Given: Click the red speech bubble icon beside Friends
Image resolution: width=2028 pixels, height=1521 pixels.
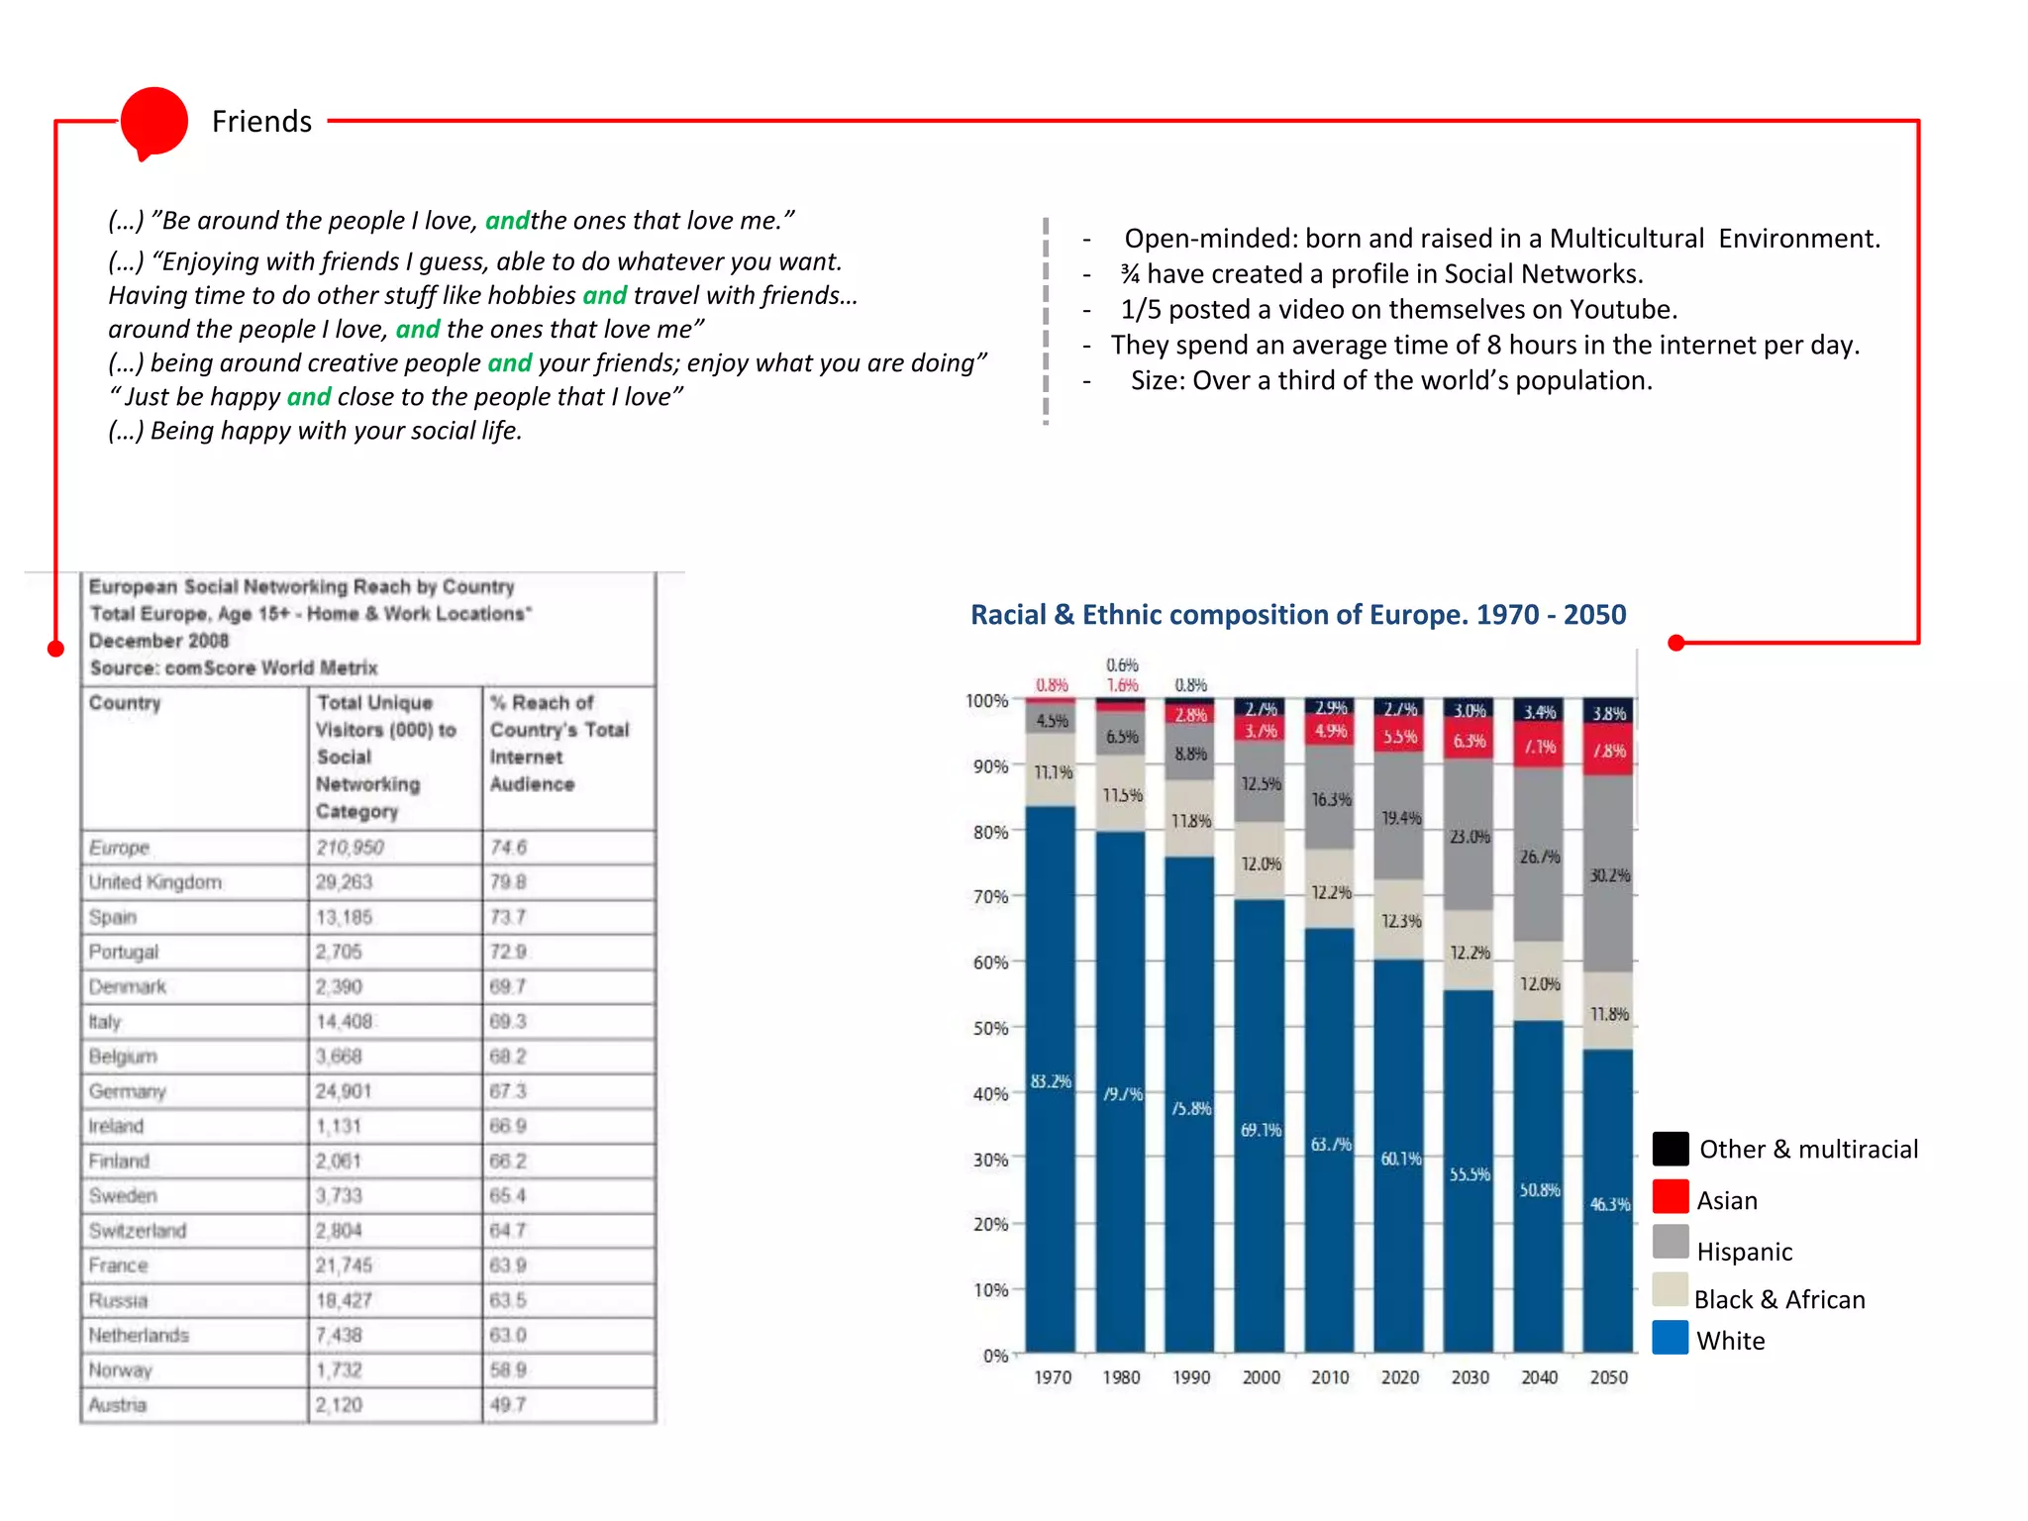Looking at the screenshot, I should click(153, 122).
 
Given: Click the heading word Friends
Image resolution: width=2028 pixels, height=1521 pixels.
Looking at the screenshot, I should click(261, 122).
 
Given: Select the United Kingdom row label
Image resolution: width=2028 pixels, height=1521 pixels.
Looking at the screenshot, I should click(155, 882).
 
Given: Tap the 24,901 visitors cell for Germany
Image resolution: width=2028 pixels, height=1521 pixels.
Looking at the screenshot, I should click(344, 1091).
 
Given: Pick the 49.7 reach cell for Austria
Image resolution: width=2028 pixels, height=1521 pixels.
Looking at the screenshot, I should click(508, 1405).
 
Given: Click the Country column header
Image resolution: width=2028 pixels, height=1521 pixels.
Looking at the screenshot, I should click(125, 703).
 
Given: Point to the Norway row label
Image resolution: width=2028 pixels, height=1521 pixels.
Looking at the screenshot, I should click(121, 1370).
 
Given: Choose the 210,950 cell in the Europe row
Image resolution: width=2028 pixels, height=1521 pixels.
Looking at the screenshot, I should click(350, 848).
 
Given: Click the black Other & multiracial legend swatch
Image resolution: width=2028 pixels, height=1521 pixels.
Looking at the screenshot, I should click(1671, 1149).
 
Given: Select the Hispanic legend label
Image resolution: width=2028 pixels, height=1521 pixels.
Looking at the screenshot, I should click(1744, 1252).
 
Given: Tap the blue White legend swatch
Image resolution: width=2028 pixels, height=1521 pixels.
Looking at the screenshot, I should click(1671, 1338).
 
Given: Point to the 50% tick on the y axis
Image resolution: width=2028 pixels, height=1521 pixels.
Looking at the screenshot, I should click(990, 1028).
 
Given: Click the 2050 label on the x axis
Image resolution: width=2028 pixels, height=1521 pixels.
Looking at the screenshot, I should click(1608, 1377).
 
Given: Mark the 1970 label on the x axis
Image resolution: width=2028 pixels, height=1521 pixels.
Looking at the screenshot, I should click(1052, 1377).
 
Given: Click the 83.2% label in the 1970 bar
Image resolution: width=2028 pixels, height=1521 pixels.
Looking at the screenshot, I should click(1051, 1081).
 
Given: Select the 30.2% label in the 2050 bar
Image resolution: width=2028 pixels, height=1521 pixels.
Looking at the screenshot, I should click(1609, 875).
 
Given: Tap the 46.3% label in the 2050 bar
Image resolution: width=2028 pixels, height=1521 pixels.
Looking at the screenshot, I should click(1609, 1204).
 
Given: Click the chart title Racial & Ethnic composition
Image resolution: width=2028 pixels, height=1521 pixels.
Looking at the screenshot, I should click(1297, 615).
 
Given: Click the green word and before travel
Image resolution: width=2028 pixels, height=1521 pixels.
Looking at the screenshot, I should click(604, 295).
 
